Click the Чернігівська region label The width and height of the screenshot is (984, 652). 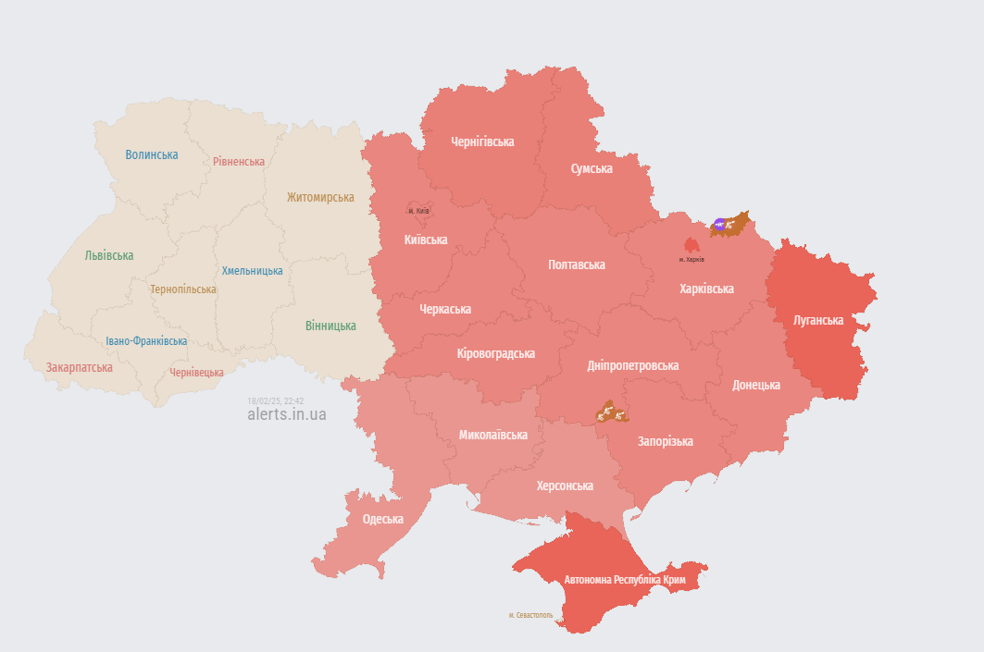point(482,141)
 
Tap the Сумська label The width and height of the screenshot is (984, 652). point(592,168)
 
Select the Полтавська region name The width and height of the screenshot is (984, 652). point(577,264)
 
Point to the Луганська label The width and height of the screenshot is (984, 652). point(818,320)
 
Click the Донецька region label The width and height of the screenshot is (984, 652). point(756,385)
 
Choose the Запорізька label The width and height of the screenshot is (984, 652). point(665,441)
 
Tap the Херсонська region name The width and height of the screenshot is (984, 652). point(565,486)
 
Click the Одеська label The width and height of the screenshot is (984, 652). point(382,519)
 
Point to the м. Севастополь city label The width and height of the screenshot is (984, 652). point(530,615)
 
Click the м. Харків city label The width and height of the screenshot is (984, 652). point(691,259)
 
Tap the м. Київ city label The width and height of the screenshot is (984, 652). point(418,211)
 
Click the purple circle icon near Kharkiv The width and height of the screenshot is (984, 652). point(719,224)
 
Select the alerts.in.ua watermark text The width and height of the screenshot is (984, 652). point(287,414)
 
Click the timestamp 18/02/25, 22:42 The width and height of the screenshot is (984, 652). point(275,400)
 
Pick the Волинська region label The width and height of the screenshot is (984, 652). point(152,154)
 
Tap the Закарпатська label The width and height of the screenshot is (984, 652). point(80,367)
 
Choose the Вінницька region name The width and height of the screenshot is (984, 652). point(330,326)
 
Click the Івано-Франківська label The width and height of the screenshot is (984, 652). point(146,340)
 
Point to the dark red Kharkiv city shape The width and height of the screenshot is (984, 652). point(691,245)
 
